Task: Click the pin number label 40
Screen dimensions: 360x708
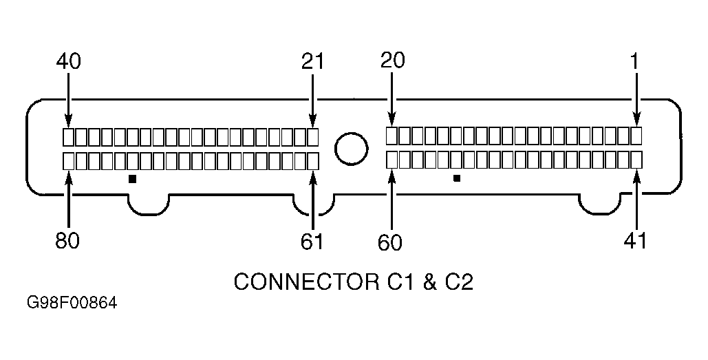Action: tap(68, 61)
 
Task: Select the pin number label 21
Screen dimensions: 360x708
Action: tap(312, 61)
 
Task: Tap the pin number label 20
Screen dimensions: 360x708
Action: tap(392, 61)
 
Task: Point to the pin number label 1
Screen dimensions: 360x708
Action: tap(635, 61)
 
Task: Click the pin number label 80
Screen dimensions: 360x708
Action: tap(67, 241)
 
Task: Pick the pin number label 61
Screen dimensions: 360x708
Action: tap(312, 241)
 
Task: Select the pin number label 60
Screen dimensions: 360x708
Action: tap(391, 242)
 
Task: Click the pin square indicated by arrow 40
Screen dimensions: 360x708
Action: tap(68, 136)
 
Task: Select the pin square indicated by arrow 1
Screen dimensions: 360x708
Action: tap(636, 135)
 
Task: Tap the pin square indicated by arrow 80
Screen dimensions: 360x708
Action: tap(68, 161)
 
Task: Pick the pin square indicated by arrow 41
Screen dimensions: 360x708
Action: tap(636, 160)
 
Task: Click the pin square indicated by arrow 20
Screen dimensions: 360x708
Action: tap(391, 135)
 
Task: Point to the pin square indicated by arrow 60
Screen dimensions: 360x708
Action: tap(391, 160)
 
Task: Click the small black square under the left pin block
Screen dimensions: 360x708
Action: tap(133, 179)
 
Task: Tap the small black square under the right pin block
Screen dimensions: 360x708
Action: tap(456, 179)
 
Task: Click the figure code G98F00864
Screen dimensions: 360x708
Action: tap(72, 304)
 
